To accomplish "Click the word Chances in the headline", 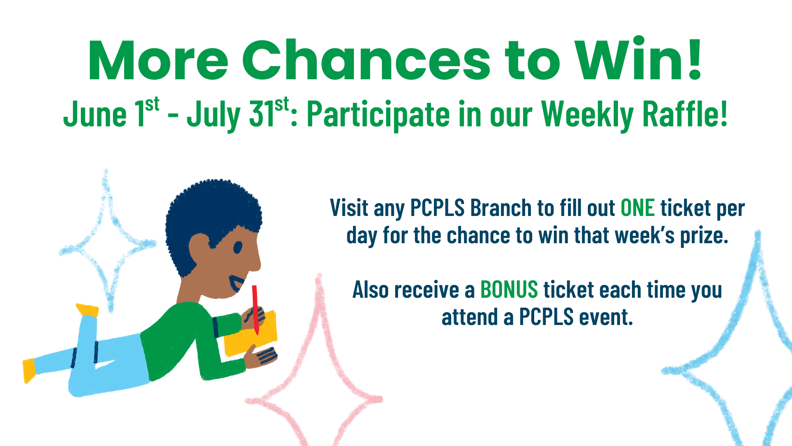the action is pyautogui.click(x=366, y=61).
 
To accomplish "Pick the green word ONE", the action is pyautogui.click(x=638, y=208).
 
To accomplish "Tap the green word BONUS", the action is pyautogui.click(x=509, y=289).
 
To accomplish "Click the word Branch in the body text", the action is pyautogui.click(x=501, y=207).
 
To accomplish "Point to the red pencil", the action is pyautogui.click(x=255, y=309).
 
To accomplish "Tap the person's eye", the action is pyautogui.click(x=238, y=247).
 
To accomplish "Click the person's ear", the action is pyautogui.click(x=200, y=248).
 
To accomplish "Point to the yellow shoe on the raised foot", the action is pyautogui.click(x=87, y=310).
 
